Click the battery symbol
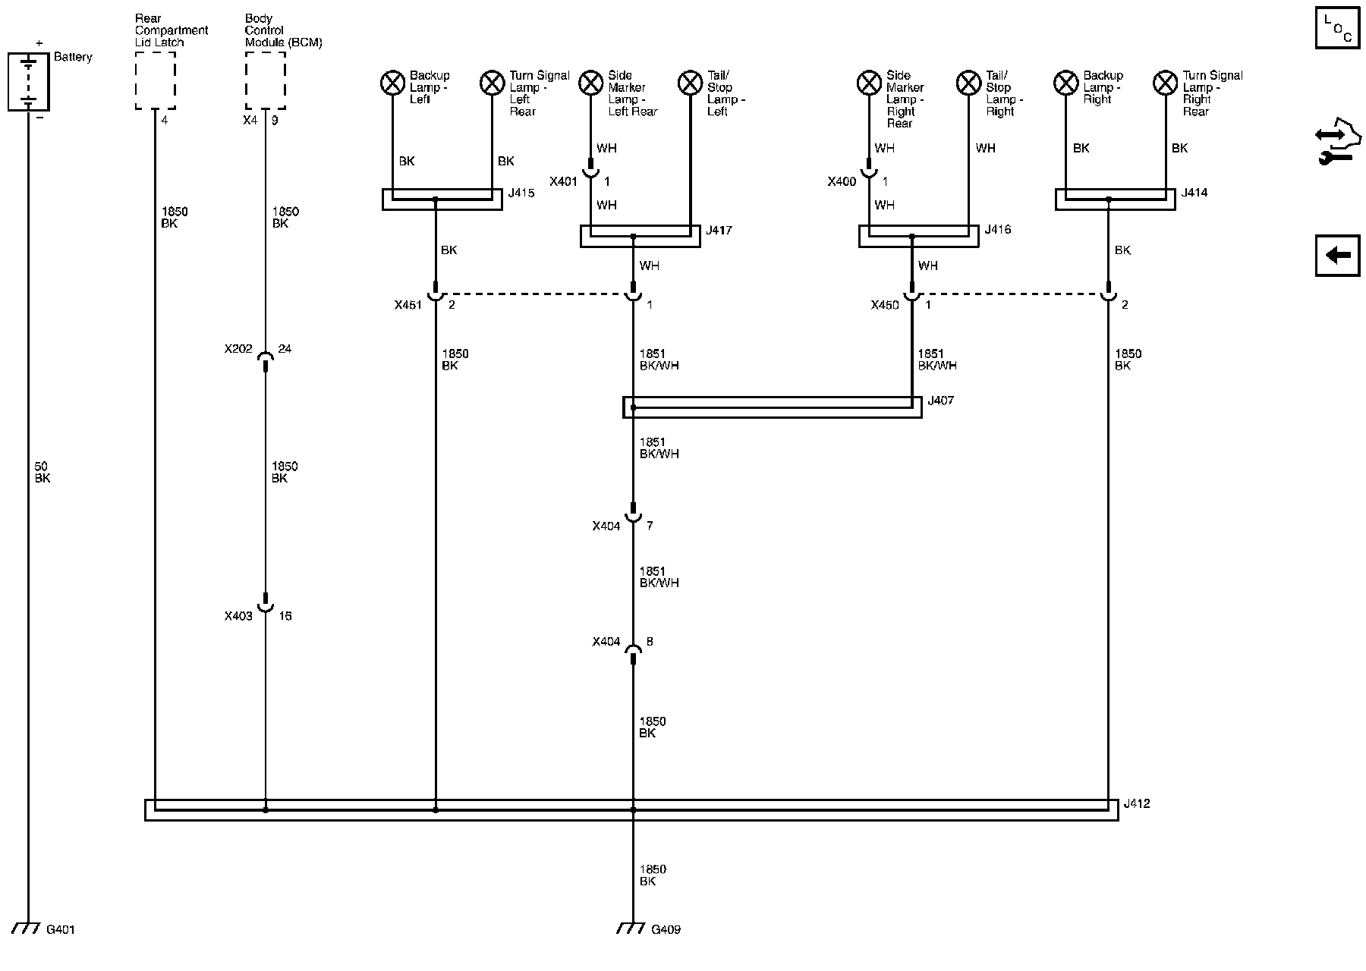pyautogui.click(x=28, y=82)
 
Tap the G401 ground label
pyautogui.click(x=61, y=929)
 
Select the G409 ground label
pyautogui.click(x=666, y=929)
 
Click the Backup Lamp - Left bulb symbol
pyautogui.click(x=392, y=82)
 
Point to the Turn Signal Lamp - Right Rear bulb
pyautogui.click(x=1165, y=82)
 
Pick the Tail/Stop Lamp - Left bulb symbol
pyautogui.click(x=690, y=82)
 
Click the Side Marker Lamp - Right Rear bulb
pyautogui.click(x=869, y=82)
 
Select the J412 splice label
pyautogui.click(x=1136, y=803)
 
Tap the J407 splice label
pyautogui.click(x=940, y=401)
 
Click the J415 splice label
pyautogui.click(x=521, y=193)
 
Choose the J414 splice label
pyautogui.click(x=1194, y=193)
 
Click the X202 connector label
pyautogui.click(x=238, y=349)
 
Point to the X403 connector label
pyautogui.click(x=238, y=616)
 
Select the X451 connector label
pyautogui.click(x=408, y=305)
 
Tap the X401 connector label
pyautogui.click(x=563, y=182)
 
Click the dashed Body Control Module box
pyautogui.click(x=266, y=82)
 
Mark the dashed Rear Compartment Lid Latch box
pyautogui.click(x=155, y=82)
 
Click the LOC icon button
pyautogui.click(x=1337, y=29)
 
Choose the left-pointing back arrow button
pyautogui.click(x=1337, y=255)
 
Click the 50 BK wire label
pyautogui.click(x=42, y=472)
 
